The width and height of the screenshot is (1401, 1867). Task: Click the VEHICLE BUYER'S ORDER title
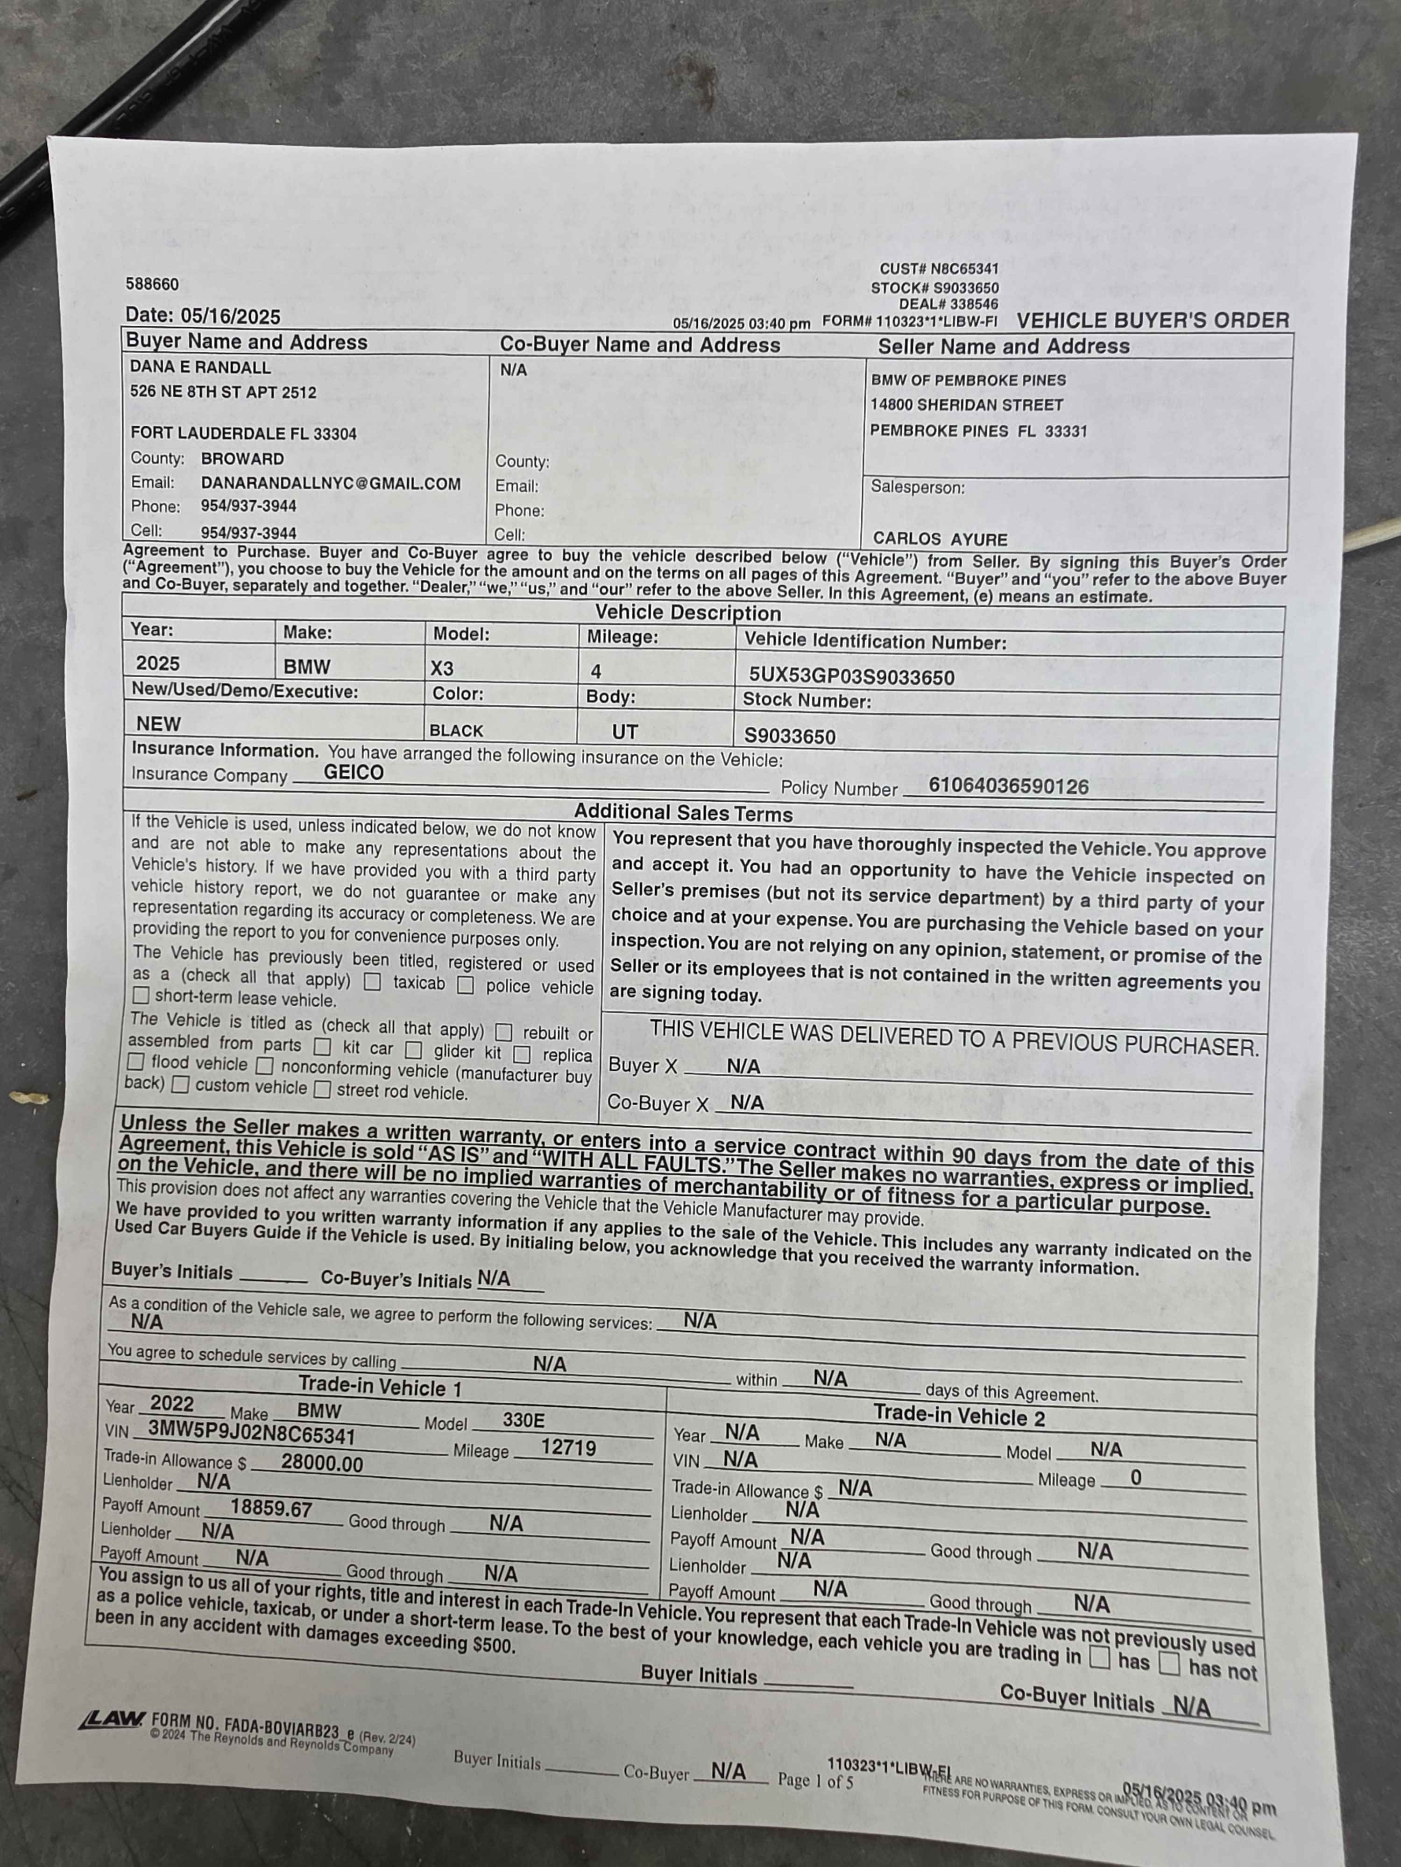pos(1153,321)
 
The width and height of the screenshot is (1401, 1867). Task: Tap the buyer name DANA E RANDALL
pos(200,367)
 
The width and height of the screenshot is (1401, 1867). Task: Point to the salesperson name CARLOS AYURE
pos(940,539)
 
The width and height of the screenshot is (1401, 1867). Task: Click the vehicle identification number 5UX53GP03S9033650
pos(851,677)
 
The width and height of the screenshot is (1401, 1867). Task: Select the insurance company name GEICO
pos(353,772)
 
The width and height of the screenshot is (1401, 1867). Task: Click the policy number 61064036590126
pos(1008,786)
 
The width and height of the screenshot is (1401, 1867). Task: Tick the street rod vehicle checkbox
pos(322,1090)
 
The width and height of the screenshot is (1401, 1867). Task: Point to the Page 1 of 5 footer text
pos(815,1780)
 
